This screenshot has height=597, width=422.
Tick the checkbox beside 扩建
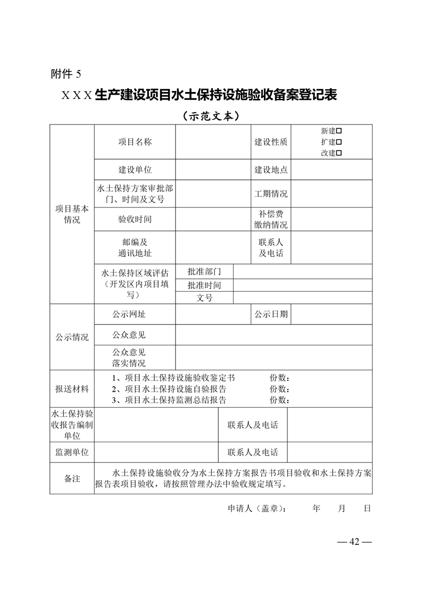coord(338,142)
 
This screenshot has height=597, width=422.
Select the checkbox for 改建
coord(338,153)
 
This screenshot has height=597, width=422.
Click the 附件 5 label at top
coord(66,73)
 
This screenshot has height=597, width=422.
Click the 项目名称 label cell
coord(135,142)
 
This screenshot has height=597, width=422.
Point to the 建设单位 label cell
coord(135,170)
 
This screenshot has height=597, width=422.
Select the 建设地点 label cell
coord(271,170)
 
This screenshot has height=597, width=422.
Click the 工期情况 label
coord(271,194)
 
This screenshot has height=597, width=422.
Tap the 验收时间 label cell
coord(135,219)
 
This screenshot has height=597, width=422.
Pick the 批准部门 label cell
coord(204,271)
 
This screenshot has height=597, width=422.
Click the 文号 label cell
coord(204,298)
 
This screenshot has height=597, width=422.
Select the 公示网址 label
coord(129,314)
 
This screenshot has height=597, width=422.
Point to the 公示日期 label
coord(271,314)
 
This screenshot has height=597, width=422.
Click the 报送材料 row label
coord(72,389)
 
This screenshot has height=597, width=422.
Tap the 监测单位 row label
coord(72,452)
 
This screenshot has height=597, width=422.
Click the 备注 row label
coord(72,479)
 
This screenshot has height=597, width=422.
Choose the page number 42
coord(354,542)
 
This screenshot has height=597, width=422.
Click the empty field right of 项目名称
coord(213,142)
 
